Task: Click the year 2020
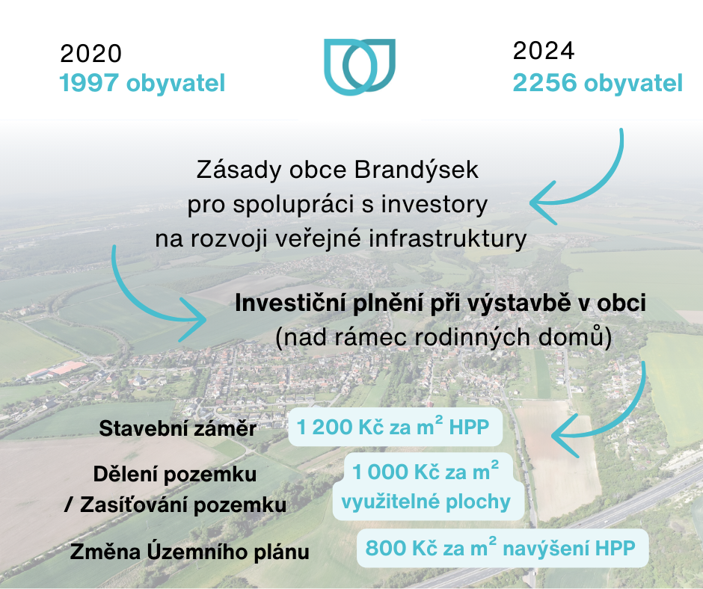coord(90,54)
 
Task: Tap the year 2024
coord(544,51)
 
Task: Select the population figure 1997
coord(89,83)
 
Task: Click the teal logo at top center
coord(360,67)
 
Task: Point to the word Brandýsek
coord(417,170)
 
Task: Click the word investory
coord(435,204)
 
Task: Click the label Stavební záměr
coord(177,428)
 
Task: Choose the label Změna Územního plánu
coord(190,552)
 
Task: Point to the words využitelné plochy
coord(426,502)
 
